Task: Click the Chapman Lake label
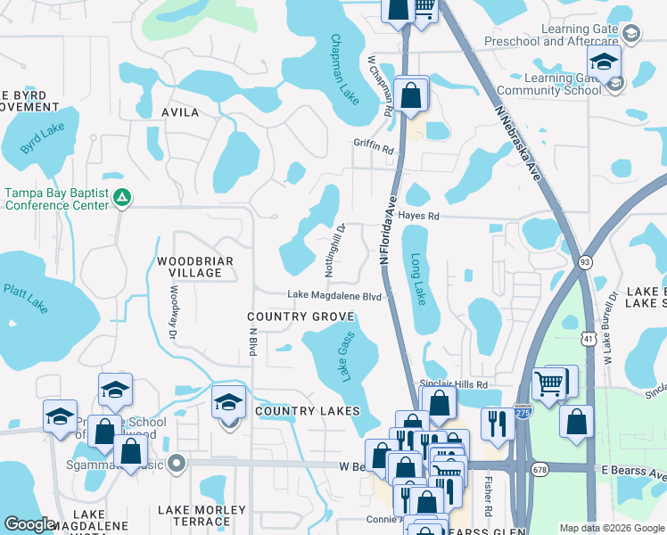coord(345,70)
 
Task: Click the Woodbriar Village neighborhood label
coord(195,267)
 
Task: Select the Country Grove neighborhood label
coord(301,317)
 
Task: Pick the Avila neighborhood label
coord(180,113)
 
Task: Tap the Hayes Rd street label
coord(420,217)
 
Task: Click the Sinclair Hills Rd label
coord(453,383)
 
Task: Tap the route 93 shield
coord(585,261)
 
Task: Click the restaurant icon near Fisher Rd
coord(494,422)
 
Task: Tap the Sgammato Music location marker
coord(177,463)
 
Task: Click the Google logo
coord(29,524)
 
